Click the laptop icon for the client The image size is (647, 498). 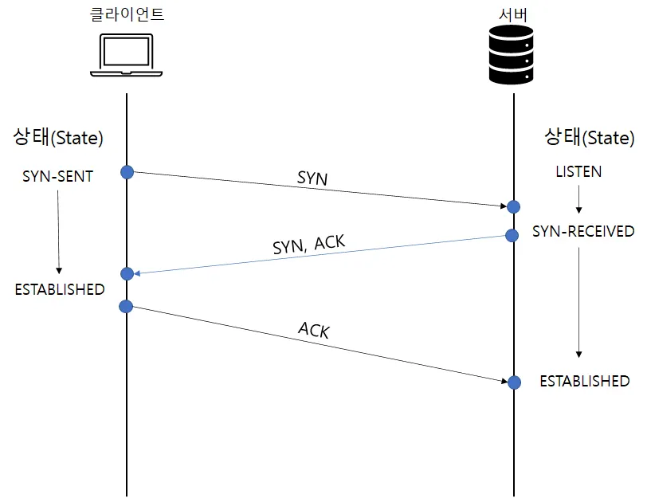point(126,57)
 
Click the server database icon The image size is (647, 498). point(511,53)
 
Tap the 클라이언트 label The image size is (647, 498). point(127,14)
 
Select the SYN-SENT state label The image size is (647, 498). point(57,176)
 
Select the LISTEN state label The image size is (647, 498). point(578,171)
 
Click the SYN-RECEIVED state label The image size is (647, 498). point(583,232)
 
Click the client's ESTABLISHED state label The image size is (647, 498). point(60,289)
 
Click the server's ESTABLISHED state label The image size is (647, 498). point(585,381)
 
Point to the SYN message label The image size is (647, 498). point(312,178)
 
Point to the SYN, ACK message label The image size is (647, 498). point(308,244)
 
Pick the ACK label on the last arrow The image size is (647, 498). point(314,330)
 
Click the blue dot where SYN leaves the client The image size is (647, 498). point(126,172)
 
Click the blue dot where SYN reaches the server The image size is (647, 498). point(514,206)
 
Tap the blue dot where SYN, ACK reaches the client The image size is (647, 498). point(126,274)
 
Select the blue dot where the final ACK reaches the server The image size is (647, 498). point(514,382)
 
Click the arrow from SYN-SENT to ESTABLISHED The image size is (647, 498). point(58,231)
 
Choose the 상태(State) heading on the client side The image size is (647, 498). point(58,137)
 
